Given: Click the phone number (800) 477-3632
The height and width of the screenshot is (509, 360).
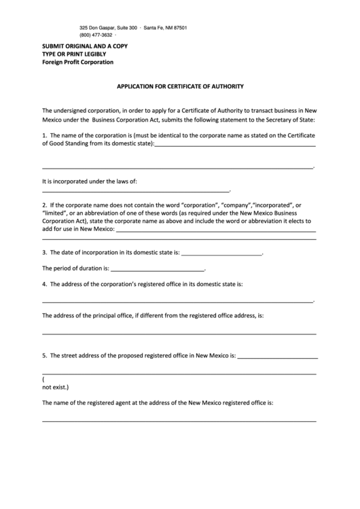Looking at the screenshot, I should tap(96, 35).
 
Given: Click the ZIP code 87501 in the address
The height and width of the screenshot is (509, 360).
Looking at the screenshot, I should tap(179, 27).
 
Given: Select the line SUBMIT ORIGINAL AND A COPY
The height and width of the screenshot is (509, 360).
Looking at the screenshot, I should tap(85, 46).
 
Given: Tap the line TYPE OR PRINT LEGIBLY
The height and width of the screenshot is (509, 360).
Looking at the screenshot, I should tap(74, 54).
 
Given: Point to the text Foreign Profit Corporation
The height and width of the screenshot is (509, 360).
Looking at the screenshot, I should tap(78, 62).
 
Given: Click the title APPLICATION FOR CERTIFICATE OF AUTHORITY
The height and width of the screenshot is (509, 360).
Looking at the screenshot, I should tap(180, 87).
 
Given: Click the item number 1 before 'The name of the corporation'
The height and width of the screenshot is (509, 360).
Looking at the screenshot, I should tap(44, 135).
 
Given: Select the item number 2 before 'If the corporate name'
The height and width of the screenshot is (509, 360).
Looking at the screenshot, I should tap(44, 205).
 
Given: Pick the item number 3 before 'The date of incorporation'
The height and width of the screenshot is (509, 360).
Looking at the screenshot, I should tap(44, 253).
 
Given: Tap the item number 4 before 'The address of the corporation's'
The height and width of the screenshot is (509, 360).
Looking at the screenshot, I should tap(44, 284).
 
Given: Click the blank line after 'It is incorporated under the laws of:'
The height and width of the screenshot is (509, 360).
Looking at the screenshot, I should tap(136, 192).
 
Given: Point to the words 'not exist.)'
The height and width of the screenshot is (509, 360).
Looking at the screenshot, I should tap(56, 387).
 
